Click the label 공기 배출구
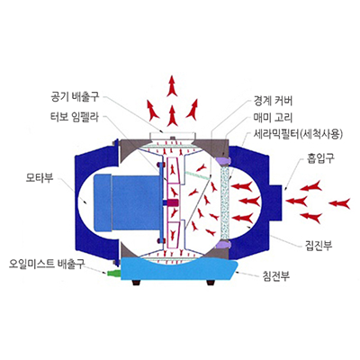click(75, 97)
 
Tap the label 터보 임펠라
click(75, 116)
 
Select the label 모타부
click(40, 177)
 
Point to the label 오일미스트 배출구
click(47, 264)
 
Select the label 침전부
click(275, 275)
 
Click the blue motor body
click(128, 203)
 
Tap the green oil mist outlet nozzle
click(112, 273)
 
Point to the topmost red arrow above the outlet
click(172, 85)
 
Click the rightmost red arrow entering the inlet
click(339, 203)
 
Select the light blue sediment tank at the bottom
click(179, 270)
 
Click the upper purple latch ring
click(222, 160)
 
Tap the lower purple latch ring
click(223, 244)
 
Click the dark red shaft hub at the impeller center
click(171, 202)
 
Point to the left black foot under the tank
click(138, 283)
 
